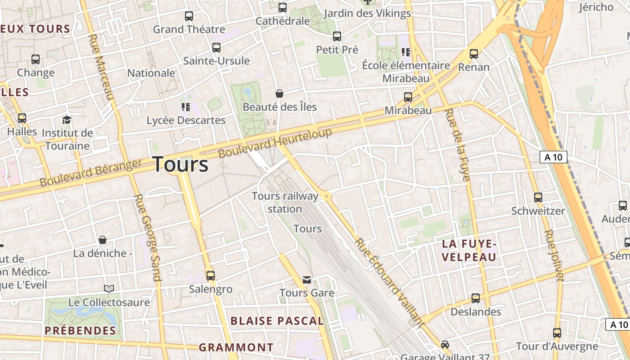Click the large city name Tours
[x=181, y=164]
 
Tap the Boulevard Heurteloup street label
[x=275, y=143]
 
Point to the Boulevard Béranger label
[x=91, y=173]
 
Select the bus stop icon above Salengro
[x=210, y=275]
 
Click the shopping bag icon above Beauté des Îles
[x=279, y=94]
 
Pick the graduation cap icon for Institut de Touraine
[x=67, y=120]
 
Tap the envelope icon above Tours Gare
[x=307, y=280]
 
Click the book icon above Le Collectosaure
[x=109, y=288]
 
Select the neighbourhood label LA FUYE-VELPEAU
[x=469, y=251]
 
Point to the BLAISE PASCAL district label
[x=277, y=321]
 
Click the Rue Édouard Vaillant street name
[x=389, y=282]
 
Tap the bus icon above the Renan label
[x=474, y=54]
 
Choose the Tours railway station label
[x=285, y=202]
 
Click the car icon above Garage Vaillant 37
[x=445, y=344]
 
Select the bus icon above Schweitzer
[x=538, y=197]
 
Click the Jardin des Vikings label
[x=367, y=13]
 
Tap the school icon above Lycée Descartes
[x=186, y=107]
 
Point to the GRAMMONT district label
[x=236, y=347]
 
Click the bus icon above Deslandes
[x=476, y=298]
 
